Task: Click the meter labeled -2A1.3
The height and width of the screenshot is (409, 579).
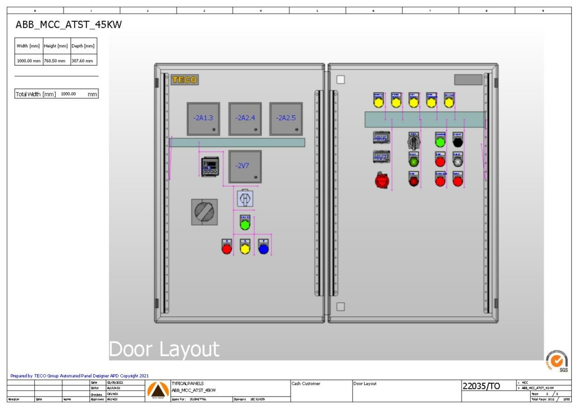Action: [x=203, y=119]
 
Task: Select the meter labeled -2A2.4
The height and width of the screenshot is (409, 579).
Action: [x=245, y=119]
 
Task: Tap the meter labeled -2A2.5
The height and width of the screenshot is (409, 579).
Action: [x=286, y=119]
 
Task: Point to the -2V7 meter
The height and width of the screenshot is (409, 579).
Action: [x=245, y=166]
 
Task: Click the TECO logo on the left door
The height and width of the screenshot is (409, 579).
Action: [x=184, y=80]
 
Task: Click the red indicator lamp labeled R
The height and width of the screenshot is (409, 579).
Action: [x=227, y=248]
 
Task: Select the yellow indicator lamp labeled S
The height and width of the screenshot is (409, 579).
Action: [x=245, y=248]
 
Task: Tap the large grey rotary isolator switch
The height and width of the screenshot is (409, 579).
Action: [x=204, y=212]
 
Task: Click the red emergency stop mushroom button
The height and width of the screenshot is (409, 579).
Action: [x=382, y=180]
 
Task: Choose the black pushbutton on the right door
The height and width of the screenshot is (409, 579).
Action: [x=458, y=142]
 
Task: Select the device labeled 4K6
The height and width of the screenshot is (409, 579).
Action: [x=381, y=138]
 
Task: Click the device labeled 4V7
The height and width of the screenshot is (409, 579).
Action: [x=381, y=157]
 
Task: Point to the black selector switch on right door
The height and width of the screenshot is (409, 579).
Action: [x=414, y=141]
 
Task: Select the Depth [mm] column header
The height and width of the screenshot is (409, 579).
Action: [x=83, y=46]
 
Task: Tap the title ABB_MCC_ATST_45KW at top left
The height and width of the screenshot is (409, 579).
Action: [x=69, y=25]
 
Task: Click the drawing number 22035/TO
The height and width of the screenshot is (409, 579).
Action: [x=481, y=386]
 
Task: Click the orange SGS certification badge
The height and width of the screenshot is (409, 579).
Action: [x=557, y=360]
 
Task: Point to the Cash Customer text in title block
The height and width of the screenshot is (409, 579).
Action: [x=306, y=384]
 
